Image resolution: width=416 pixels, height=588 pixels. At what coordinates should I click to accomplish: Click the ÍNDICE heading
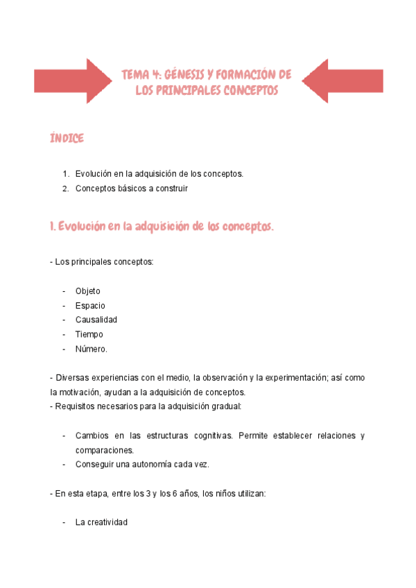(x=67, y=139)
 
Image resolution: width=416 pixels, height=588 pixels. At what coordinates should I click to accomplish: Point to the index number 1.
(x=65, y=174)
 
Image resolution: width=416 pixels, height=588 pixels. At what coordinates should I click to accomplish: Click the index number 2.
(x=65, y=188)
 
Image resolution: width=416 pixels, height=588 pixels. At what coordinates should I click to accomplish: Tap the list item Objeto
(x=87, y=291)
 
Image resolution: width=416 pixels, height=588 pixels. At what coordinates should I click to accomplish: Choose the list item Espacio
(x=90, y=306)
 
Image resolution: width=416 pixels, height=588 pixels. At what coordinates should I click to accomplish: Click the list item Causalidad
(x=96, y=320)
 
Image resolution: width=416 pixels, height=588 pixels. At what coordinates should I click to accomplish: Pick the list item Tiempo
(x=89, y=334)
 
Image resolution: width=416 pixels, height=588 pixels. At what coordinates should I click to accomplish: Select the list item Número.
(x=91, y=349)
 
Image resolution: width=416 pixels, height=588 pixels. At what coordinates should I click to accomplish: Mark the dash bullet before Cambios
(x=64, y=435)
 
